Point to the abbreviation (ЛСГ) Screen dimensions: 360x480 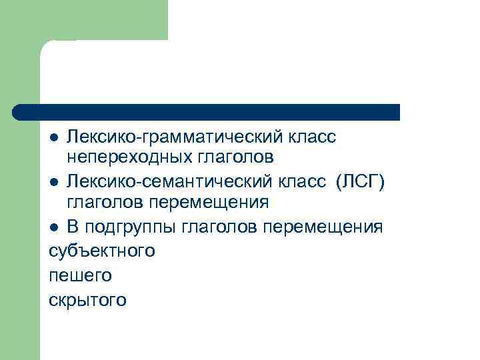pyautogui.click(x=361, y=181)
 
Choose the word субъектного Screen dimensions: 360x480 pyautogui.click(x=102, y=251)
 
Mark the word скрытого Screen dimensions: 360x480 pyautogui.click(x=87, y=299)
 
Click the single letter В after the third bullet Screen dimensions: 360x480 pyautogui.click(x=72, y=227)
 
